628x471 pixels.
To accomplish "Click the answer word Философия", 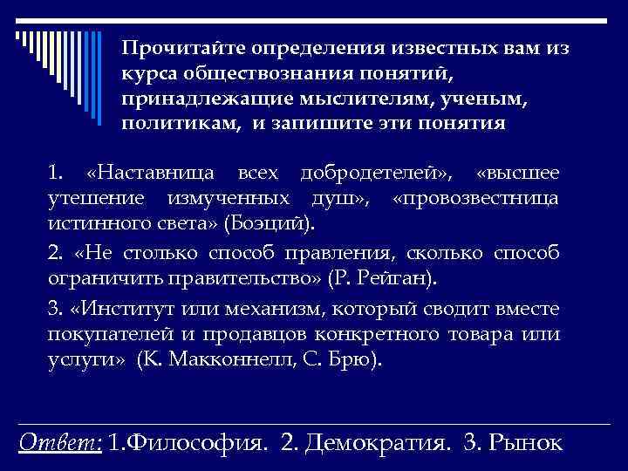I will coord(189,442).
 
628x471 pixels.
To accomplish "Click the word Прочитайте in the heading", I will coord(181,49).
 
